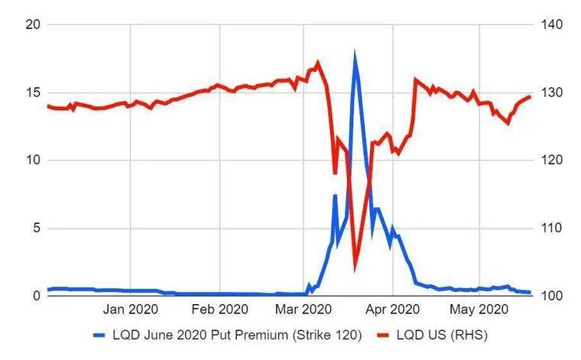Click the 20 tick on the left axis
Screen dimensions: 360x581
pyautogui.click(x=31, y=25)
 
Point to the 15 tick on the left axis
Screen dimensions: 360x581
pyautogui.click(x=31, y=93)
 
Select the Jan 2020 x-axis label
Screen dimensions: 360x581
pyautogui.click(x=131, y=310)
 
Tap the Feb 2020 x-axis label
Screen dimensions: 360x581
pyautogui.click(x=219, y=310)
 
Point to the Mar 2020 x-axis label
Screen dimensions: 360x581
pyautogui.click(x=303, y=310)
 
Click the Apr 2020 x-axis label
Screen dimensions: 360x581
pyautogui.click(x=392, y=310)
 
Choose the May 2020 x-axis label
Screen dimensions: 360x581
pyautogui.click(x=479, y=310)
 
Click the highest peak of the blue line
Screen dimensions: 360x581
pyautogui.click(x=355, y=54)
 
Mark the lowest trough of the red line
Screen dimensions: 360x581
pyautogui.click(x=355, y=268)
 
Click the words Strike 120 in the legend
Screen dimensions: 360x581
pyautogui.click(x=330, y=335)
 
